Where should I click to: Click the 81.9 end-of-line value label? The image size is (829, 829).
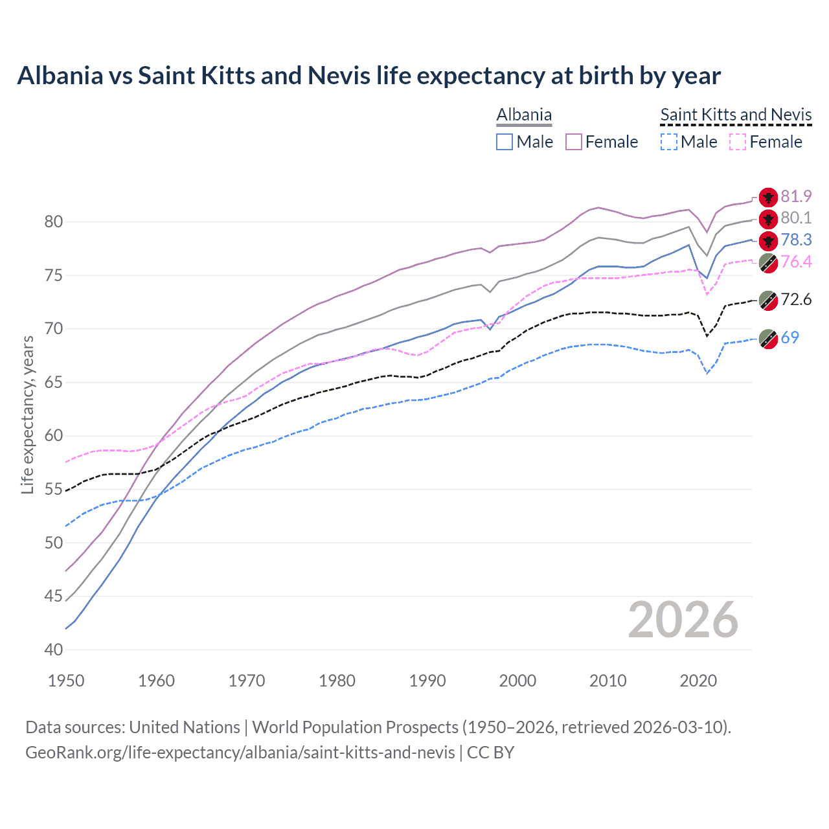[796, 196]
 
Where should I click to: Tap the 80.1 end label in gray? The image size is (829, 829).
[796, 218]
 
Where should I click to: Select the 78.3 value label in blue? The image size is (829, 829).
[796, 240]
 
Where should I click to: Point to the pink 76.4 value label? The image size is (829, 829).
[796, 262]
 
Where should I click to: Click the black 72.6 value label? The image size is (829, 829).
[796, 299]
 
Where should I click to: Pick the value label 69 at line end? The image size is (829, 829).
[789, 337]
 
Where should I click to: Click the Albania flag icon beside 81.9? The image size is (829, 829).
[768, 197]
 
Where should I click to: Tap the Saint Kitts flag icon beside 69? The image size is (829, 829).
[768, 339]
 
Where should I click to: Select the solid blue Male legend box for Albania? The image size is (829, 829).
[505, 142]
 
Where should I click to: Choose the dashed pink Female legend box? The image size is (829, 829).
[738, 142]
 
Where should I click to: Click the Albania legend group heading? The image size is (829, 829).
[524, 115]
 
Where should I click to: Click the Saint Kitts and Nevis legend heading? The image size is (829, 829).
[736, 115]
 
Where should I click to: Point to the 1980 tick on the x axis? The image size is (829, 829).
[337, 681]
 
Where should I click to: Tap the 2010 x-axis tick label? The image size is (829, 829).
[608, 681]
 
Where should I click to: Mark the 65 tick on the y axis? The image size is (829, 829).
[53, 382]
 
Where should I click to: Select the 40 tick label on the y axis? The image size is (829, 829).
[53, 650]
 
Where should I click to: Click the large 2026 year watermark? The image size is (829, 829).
[683, 620]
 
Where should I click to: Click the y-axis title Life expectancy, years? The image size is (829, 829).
[27, 414]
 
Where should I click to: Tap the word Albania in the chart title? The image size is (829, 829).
[60, 76]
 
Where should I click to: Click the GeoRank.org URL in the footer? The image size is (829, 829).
[240, 753]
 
